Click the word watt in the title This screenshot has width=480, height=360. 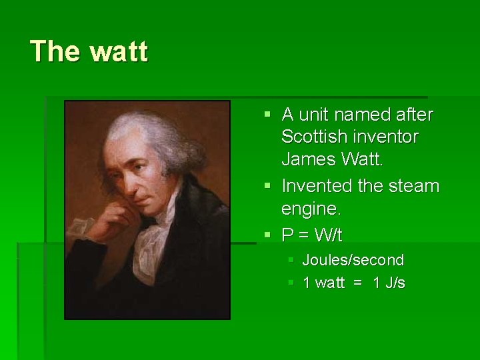(x=117, y=51)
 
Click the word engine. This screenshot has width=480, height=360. (x=311, y=209)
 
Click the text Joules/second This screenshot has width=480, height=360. (x=353, y=260)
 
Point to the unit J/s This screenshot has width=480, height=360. (x=389, y=283)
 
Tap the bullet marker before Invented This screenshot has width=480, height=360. (x=268, y=185)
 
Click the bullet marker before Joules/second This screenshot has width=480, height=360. (x=291, y=260)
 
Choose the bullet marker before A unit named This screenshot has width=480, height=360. (x=268, y=115)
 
